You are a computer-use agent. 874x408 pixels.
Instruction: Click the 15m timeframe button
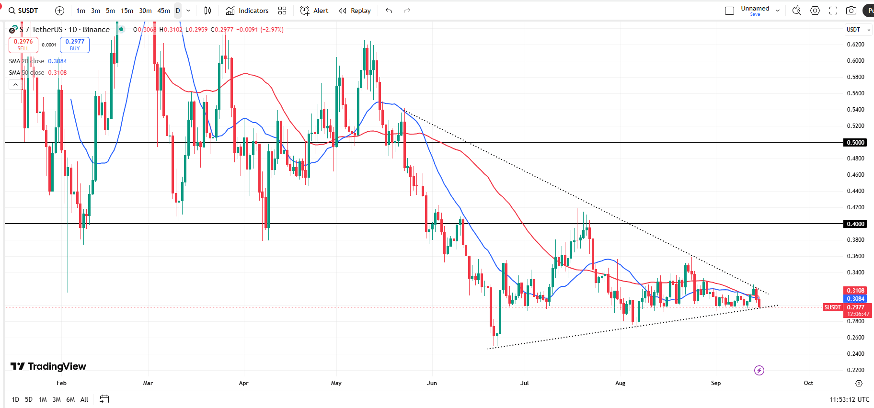(x=127, y=11)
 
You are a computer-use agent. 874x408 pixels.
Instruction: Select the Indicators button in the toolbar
(x=247, y=11)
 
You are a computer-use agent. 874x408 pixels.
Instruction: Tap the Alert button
(x=314, y=11)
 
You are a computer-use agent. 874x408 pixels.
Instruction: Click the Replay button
(x=355, y=11)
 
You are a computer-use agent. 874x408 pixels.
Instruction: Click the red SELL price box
(x=23, y=45)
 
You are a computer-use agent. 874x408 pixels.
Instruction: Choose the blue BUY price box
(x=75, y=45)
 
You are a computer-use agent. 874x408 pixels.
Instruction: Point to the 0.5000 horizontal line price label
(x=855, y=142)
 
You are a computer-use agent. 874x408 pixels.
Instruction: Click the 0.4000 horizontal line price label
(x=855, y=224)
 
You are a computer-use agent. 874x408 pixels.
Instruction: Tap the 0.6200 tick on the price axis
(x=855, y=45)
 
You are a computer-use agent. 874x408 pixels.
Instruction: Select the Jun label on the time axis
(x=432, y=383)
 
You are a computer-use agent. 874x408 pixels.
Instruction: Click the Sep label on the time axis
(x=715, y=383)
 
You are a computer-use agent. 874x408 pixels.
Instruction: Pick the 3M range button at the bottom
(x=57, y=399)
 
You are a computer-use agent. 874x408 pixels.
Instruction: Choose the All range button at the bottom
(x=84, y=399)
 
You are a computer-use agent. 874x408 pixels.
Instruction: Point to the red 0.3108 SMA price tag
(x=855, y=291)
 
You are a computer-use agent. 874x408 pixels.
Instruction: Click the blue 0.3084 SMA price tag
(x=855, y=299)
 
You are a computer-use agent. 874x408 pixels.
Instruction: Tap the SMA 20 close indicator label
(x=27, y=61)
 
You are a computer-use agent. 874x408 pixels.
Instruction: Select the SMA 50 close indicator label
(x=27, y=73)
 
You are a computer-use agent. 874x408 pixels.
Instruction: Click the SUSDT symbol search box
(x=24, y=11)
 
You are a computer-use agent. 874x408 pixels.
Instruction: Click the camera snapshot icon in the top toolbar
(x=851, y=11)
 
